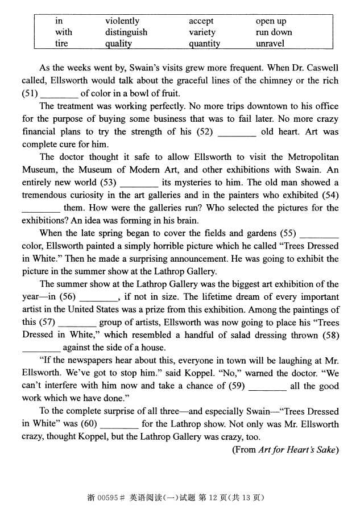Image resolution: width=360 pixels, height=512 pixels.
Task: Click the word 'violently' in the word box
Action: pos(122,22)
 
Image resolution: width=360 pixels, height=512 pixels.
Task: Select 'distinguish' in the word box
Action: pos(126,32)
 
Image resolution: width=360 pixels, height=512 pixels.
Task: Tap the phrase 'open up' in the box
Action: pos(270,22)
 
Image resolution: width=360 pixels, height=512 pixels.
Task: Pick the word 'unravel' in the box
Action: pos(270,43)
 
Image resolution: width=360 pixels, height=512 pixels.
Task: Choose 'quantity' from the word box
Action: pos(204,43)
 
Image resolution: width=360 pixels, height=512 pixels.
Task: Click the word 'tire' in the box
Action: pos(61,43)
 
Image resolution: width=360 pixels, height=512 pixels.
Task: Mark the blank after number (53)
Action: pos(139,183)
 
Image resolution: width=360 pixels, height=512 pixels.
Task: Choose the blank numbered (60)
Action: pos(119,424)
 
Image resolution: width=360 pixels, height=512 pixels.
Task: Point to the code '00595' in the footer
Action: pos(109,497)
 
